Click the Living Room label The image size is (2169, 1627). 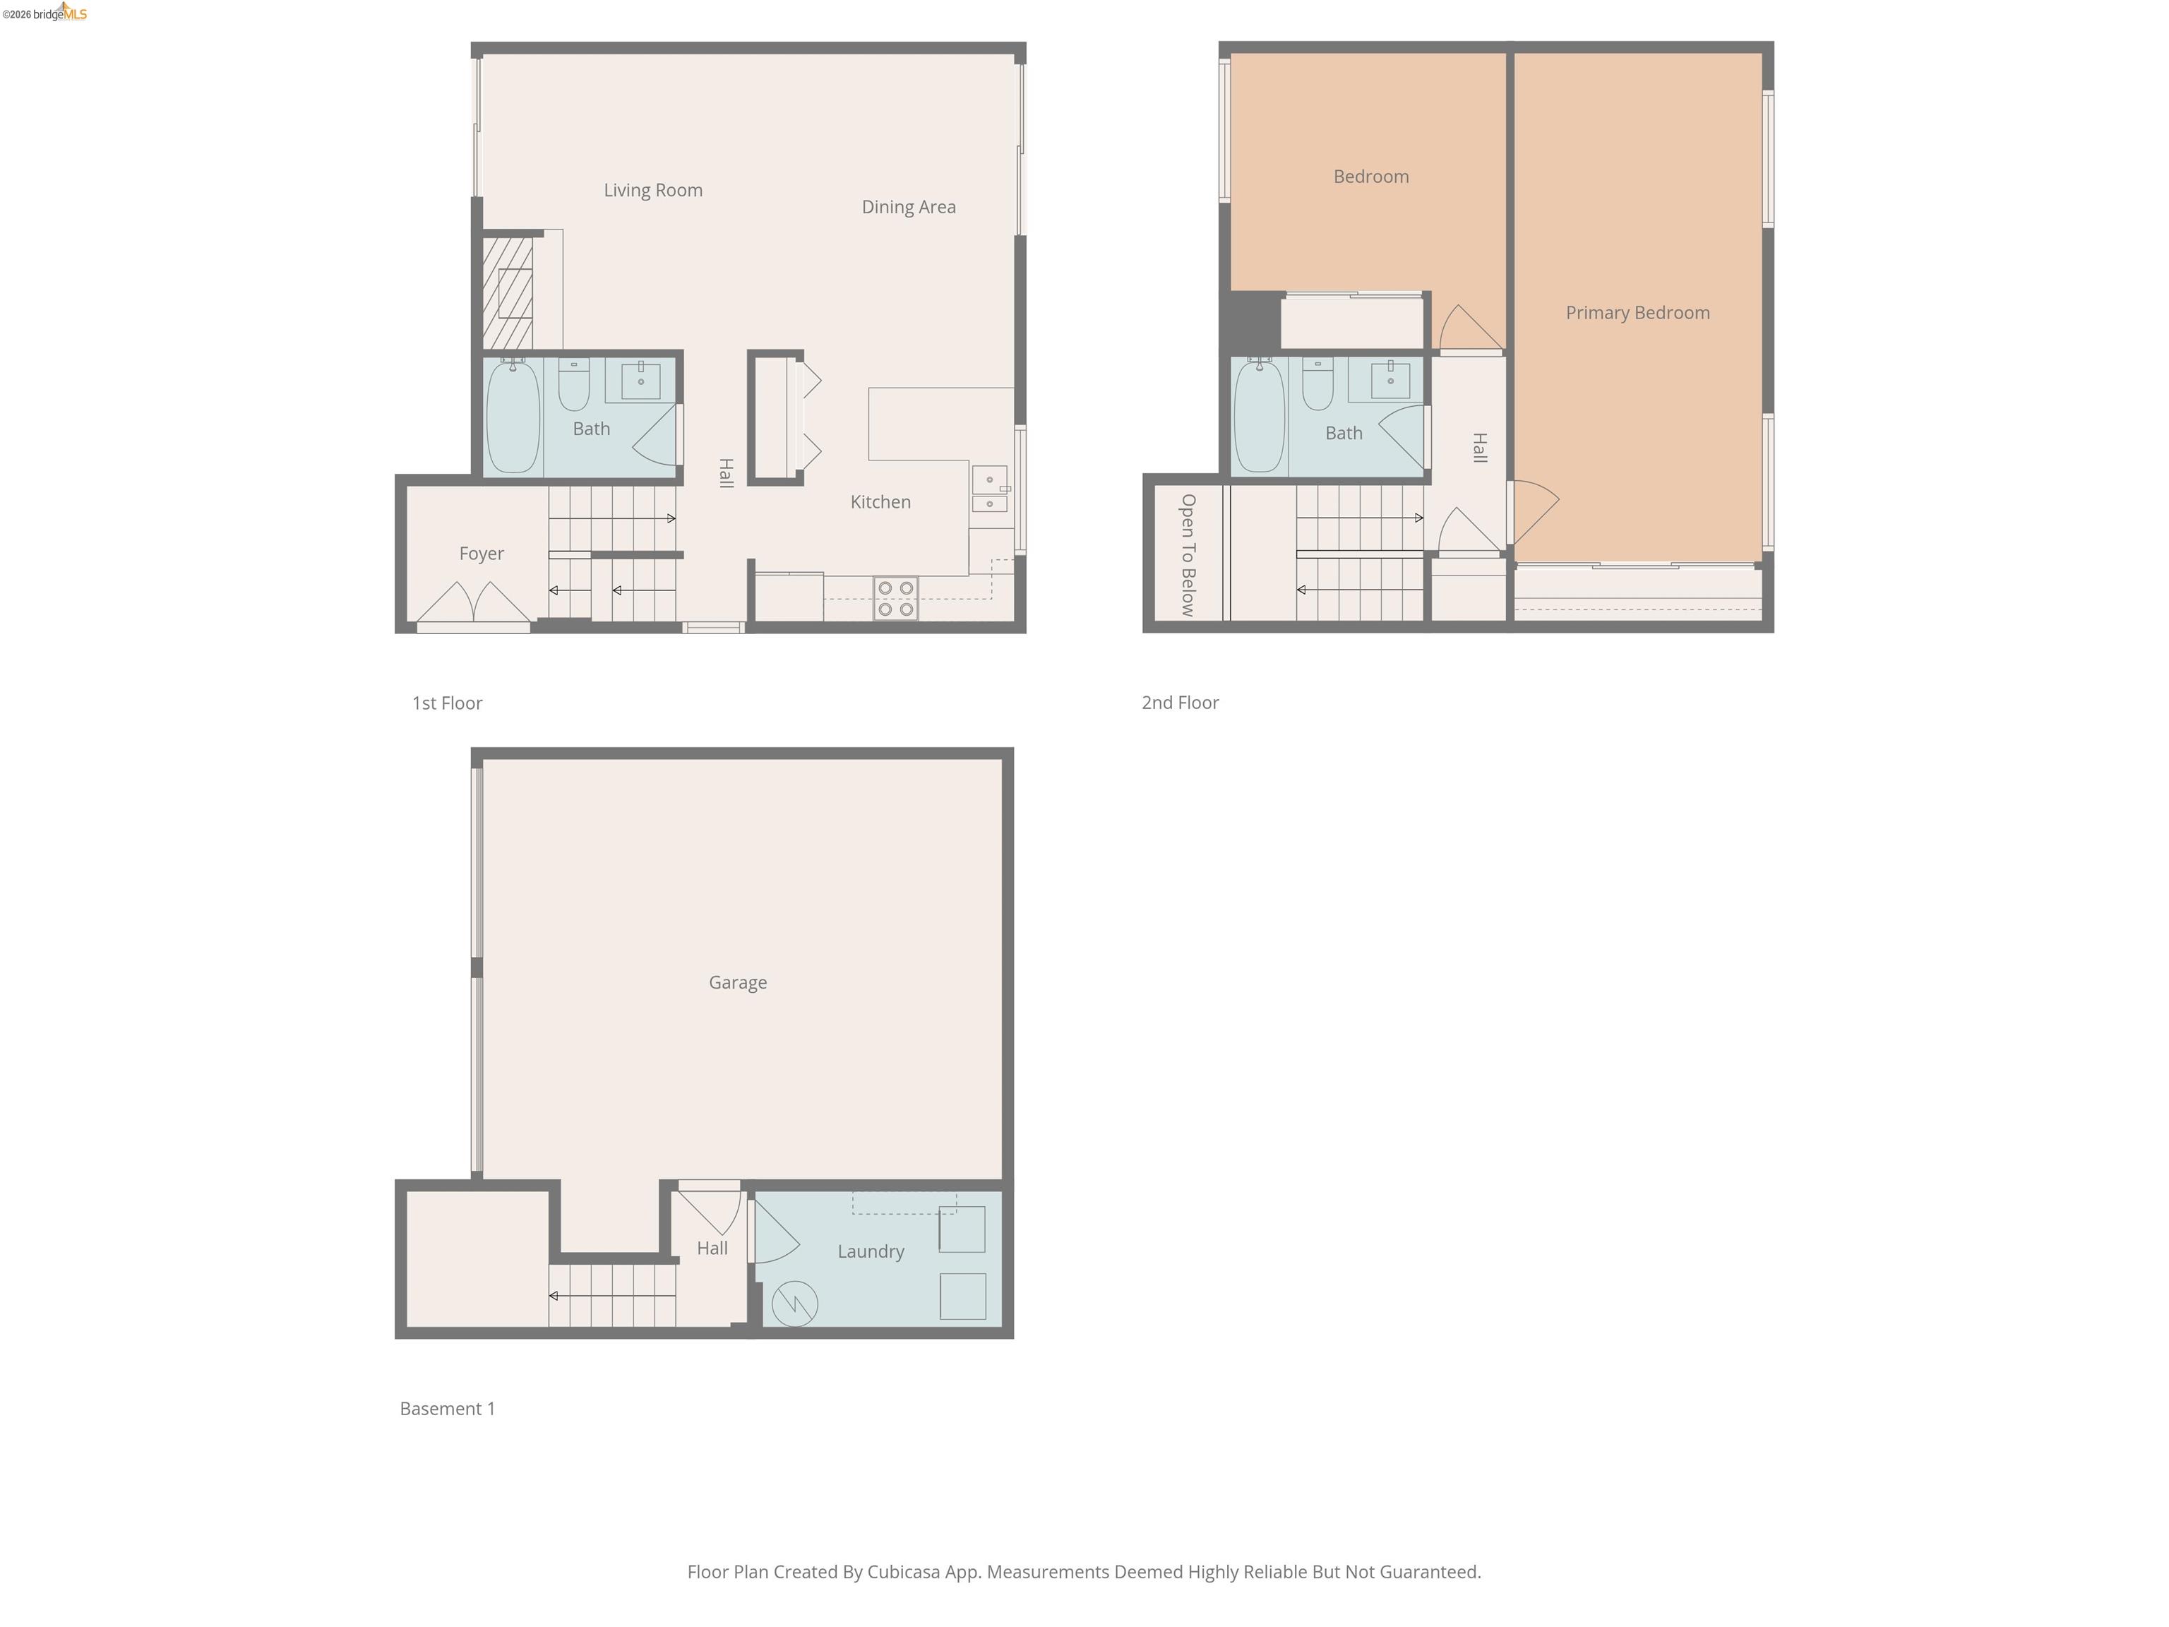coord(653,190)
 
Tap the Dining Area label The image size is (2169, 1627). coord(908,207)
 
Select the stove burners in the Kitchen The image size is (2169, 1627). coord(895,598)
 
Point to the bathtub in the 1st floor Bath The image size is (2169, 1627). coord(513,417)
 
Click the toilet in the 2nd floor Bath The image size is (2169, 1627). coord(1317,384)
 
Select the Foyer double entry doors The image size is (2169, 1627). coord(474,602)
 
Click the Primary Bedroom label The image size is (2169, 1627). coord(1637,313)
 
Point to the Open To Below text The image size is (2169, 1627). coord(1188,554)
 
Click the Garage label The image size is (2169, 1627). coord(737,983)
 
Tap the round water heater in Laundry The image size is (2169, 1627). coord(794,1304)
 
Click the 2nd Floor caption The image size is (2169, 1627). coord(1180,702)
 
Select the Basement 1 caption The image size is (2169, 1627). coord(447,1408)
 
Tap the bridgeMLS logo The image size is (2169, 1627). coord(45,13)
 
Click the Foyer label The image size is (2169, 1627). coord(482,553)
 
